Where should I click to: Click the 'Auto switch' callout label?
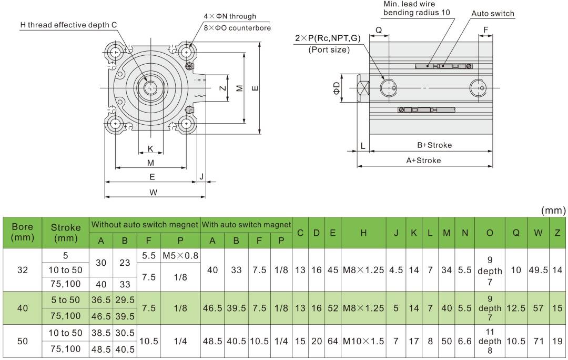coord(493,14)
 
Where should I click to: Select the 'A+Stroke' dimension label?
coord(423,160)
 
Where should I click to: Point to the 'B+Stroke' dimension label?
coord(434,145)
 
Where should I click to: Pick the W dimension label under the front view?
coord(153,193)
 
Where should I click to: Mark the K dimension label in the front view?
coord(150,149)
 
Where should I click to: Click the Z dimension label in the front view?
coord(222,88)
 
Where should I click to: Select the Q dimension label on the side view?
coord(379,30)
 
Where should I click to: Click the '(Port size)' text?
coord(329,50)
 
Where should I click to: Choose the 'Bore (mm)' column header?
coord(22,232)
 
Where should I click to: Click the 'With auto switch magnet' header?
coord(247,225)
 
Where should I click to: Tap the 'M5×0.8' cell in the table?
coord(180,256)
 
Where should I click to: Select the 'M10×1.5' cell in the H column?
coord(363,341)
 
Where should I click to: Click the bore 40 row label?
coord(22,308)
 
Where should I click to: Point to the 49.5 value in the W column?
coord(537,270)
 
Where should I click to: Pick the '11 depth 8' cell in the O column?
coord(490,341)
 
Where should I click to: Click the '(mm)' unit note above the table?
coord(553,211)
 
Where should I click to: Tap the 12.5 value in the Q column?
coord(516,308)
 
